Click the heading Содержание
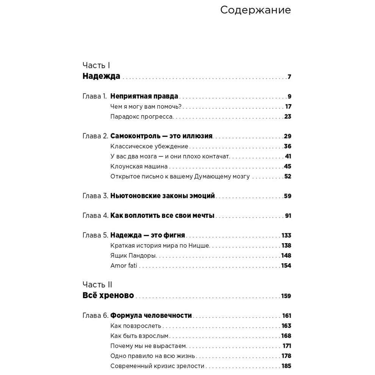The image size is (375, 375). click(x=255, y=10)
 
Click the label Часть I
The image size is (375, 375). click(x=96, y=65)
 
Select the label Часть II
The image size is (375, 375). click(x=97, y=284)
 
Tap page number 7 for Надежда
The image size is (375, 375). click(x=289, y=77)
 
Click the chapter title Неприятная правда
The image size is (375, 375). click(x=144, y=97)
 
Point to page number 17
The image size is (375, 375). click(x=288, y=106)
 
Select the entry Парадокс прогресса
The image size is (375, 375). click(x=142, y=117)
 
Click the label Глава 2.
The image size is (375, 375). click(x=95, y=136)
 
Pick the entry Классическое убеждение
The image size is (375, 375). click(x=149, y=147)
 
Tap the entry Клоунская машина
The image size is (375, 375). click(x=139, y=166)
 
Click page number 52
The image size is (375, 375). click(x=287, y=177)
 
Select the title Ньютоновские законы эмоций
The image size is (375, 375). click(x=162, y=196)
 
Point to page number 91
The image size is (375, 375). click(x=288, y=216)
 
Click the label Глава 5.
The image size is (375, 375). click(x=95, y=236)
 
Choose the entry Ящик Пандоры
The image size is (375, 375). click(x=133, y=256)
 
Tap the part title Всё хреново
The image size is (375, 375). click(x=108, y=296)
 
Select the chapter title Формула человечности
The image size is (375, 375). click(x=151, y=316)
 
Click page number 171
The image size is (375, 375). click(x=287, y=346)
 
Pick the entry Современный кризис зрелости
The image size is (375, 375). click(x=157, y=366)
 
